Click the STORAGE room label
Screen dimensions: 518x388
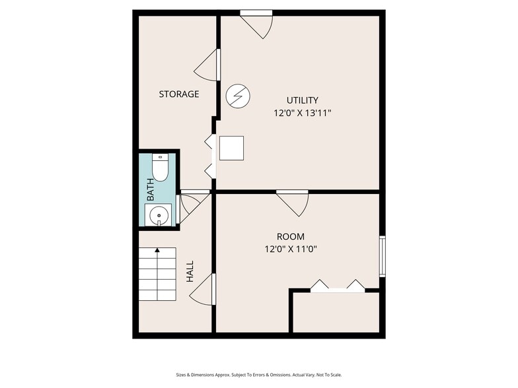[178, 94]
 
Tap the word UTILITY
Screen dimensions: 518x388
[303, 100]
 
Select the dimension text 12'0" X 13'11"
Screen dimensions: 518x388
[303, 113]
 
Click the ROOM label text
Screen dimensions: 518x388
[291, 236]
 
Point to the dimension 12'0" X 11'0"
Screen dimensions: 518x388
[291, 249]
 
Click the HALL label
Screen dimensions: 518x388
[190, 272]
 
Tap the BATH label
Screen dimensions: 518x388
[151, 189]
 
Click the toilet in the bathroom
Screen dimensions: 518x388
[160, 168]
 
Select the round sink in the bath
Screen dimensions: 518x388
[159, 215]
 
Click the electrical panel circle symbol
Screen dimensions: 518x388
[238, 96]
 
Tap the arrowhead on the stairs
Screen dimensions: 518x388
[157, 250]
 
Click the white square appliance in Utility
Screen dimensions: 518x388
[231, 148]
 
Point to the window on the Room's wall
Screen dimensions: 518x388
[382, 256]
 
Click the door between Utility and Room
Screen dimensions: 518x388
[292, 203]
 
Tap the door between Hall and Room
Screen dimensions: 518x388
[203, 289]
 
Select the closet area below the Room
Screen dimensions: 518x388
[336, 313]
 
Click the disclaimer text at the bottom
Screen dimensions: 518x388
[259, 375]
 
